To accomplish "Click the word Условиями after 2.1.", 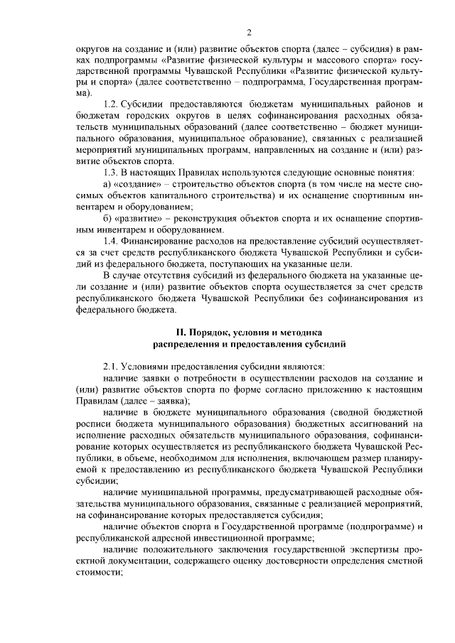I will coord(147,366).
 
